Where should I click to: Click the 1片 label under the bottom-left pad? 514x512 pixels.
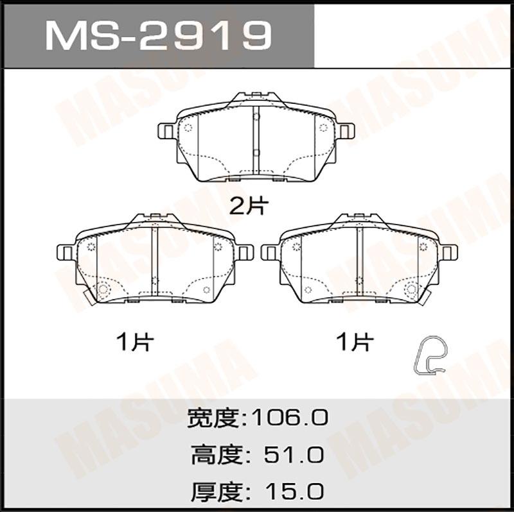click(x=135, y=342)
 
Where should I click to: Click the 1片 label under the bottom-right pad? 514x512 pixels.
click(x=355, y=342)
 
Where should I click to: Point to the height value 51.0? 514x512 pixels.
click(x=294, y=455)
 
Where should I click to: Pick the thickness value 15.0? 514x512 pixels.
click(x=294, y=491)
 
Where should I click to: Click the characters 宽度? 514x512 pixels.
click(x=213, y=418)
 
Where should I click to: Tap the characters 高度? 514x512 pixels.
click(x=217, y=455)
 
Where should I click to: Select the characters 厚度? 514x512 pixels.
click(x=217, y=491)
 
